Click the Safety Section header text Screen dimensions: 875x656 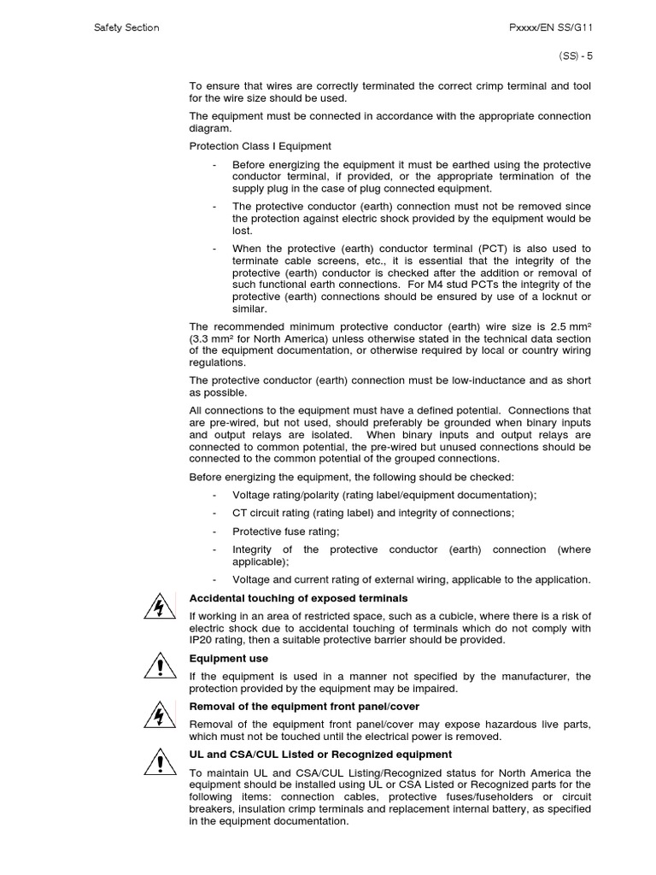tap(126, 27)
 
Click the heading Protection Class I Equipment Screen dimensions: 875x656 tap(260, 146)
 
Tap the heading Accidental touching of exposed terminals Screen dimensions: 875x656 tap(298, 598)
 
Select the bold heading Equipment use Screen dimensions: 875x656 tap(228, 659)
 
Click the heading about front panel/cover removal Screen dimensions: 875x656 tap(304, 707)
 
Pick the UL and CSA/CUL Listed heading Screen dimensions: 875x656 tap(320, 755)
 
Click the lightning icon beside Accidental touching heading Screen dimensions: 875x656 tap(158, 608)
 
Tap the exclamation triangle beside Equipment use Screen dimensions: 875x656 tap(158, 664)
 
